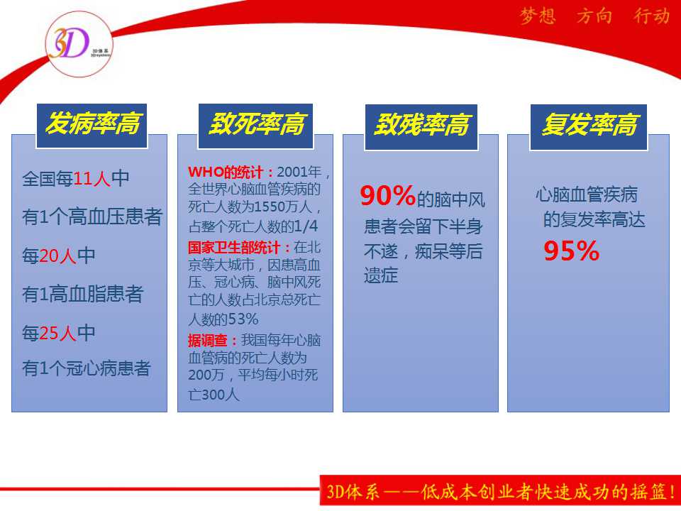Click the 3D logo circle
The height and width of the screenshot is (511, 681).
[x=79, y=44]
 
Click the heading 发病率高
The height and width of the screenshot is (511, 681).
[x=92, y=123]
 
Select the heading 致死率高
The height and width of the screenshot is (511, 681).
[x=257, y=123]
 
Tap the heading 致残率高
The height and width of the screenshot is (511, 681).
[x=421, y=125]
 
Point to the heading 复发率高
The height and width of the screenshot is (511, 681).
[x=589, y=125]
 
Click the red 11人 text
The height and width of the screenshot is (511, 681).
[x=92, y=179]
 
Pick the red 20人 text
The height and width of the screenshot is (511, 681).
[x=57, y=255]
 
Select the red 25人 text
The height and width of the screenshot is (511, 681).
[x=57, y=334]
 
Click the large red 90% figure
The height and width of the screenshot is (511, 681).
[x=388, y=196]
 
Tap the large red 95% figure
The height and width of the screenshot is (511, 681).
[x=572, y=251]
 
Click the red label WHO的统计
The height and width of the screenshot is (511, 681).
[x=226, y=172]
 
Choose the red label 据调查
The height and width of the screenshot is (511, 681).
[x=208, y=340]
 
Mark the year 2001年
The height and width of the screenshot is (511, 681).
[x=299, y=172]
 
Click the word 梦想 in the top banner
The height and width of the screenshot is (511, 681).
[x=538, y=16]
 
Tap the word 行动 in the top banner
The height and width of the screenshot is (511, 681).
[x=651, y=16]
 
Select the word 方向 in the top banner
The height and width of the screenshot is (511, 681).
[x=594, y=16]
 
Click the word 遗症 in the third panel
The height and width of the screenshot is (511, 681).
[x=381, y=275]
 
